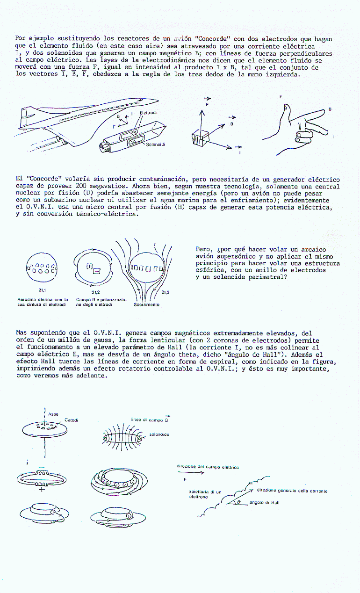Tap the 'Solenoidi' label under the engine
click(155, 145)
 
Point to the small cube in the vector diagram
click(199, 138)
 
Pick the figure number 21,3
click(165, 292)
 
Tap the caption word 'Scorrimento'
click(146, 304)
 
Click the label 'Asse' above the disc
click(54, 414)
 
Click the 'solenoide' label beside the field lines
click(158, 435)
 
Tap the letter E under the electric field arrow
click(185, 480)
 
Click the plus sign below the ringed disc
click(42, 489)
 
